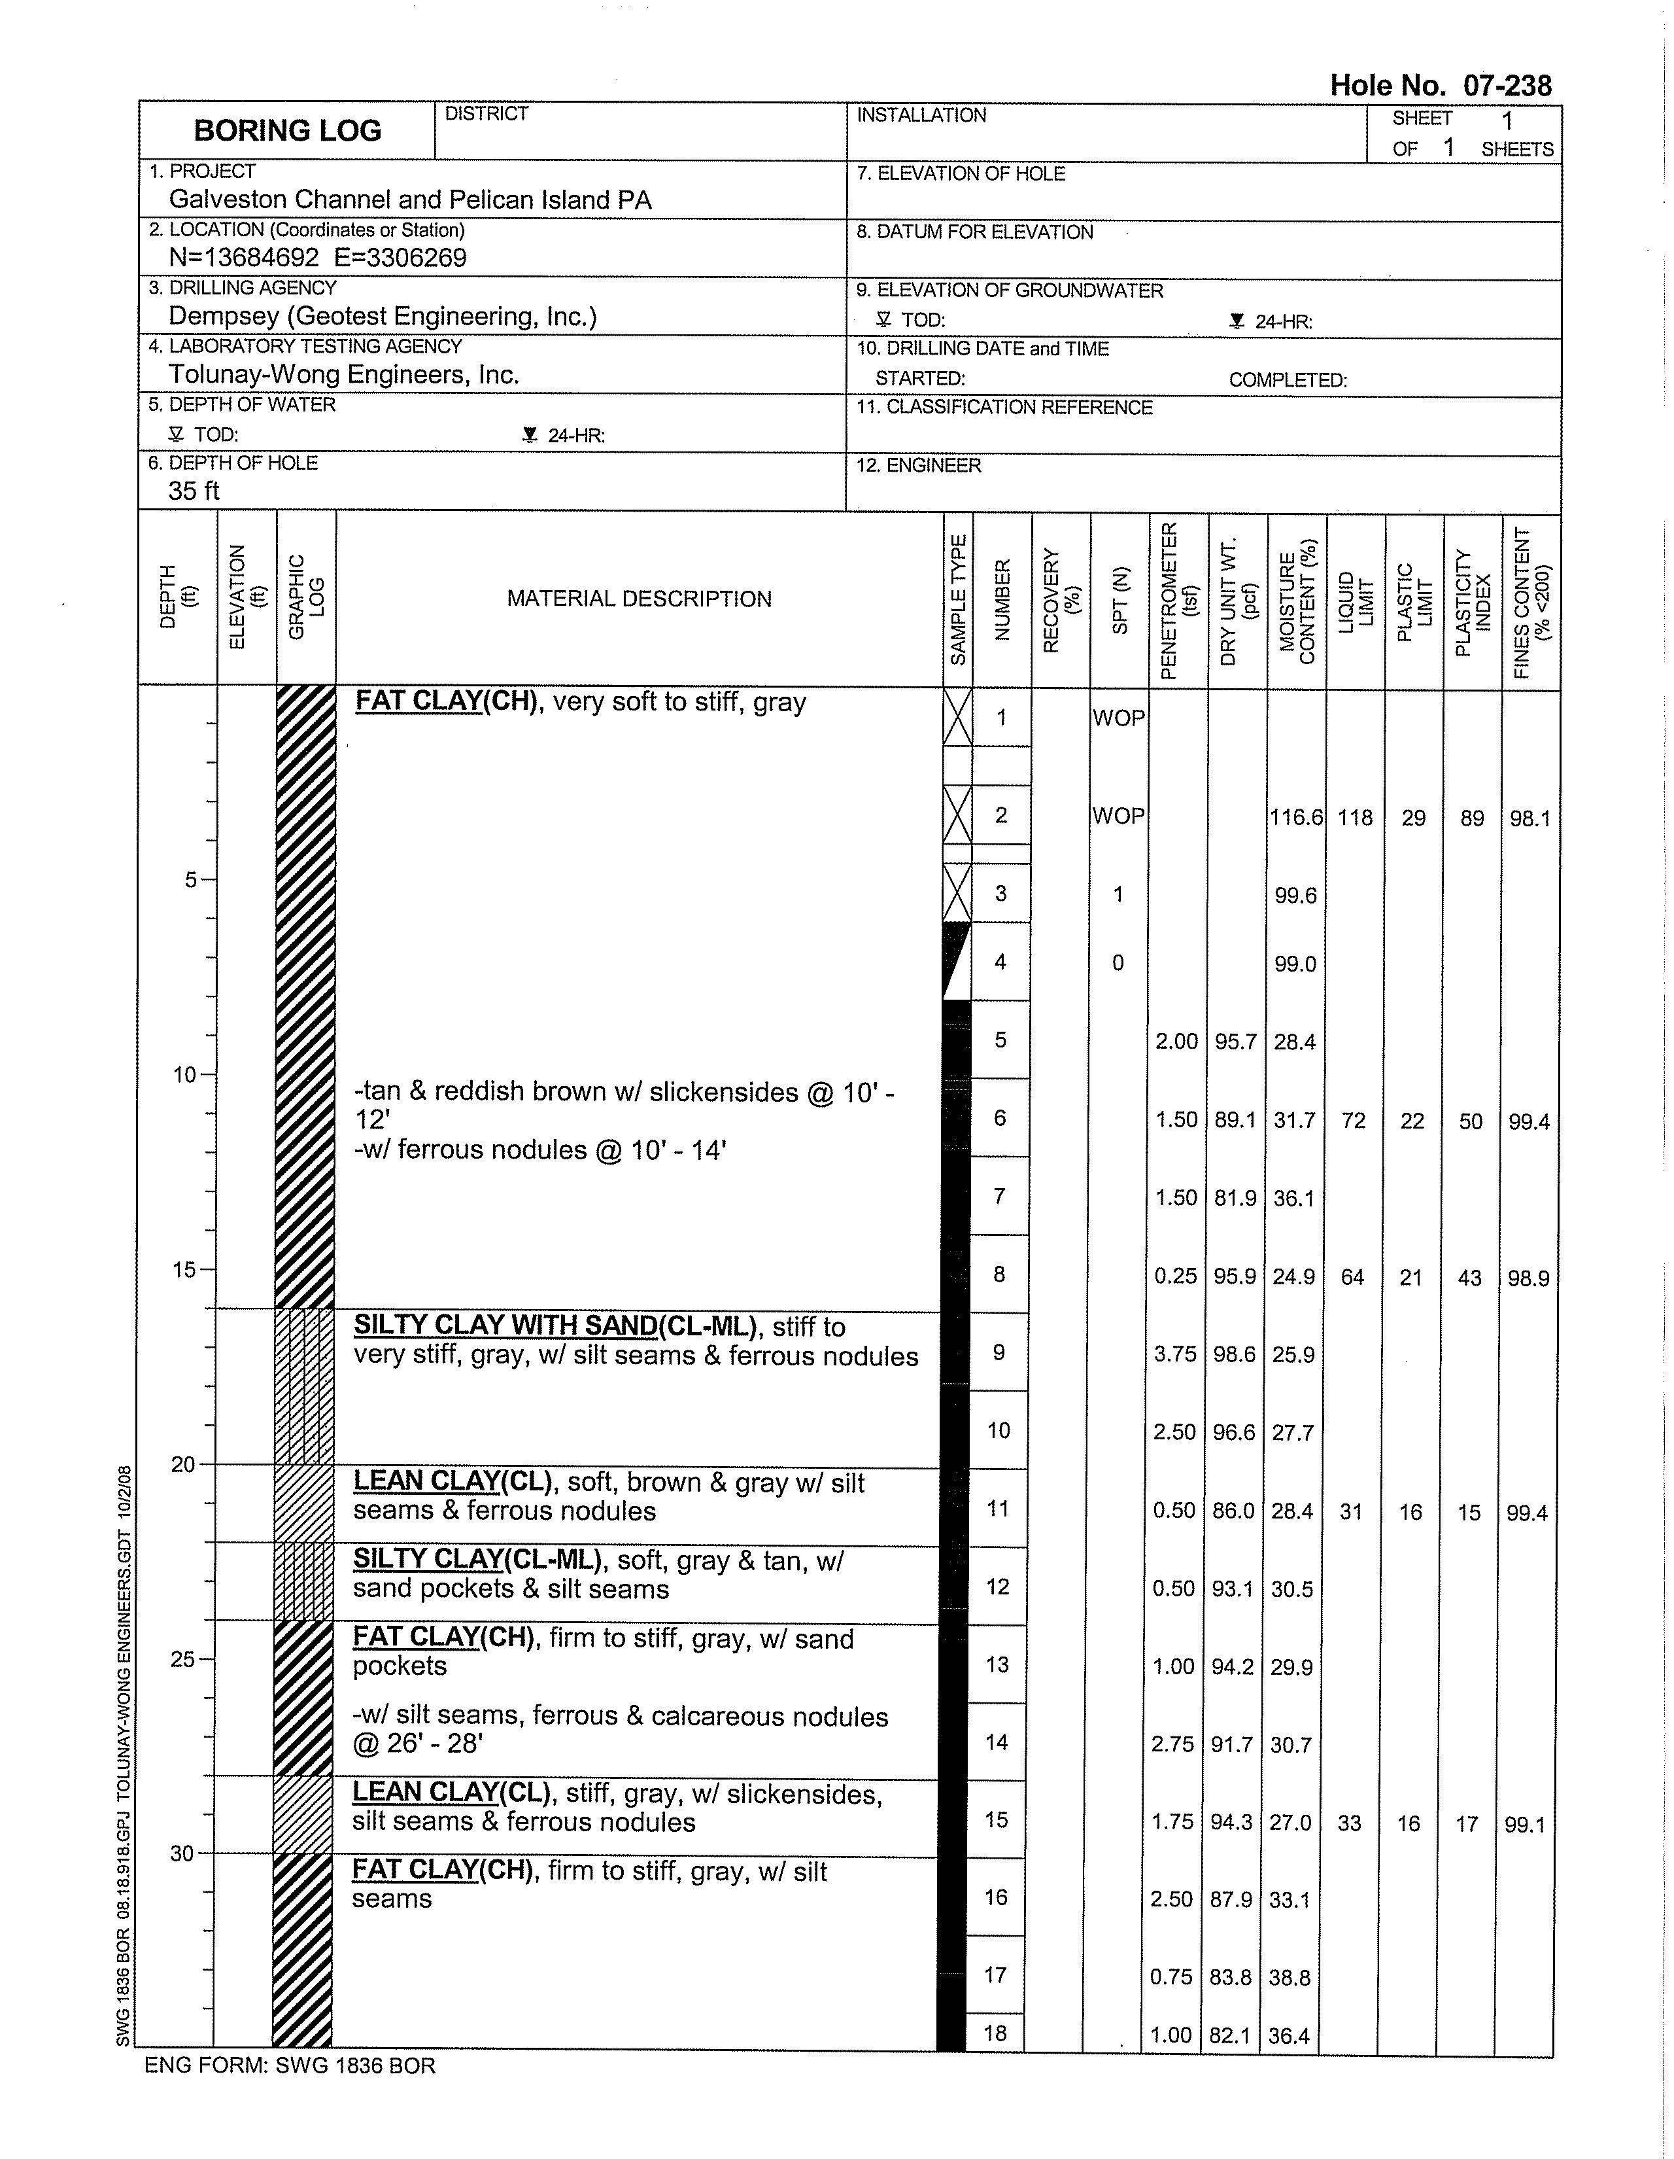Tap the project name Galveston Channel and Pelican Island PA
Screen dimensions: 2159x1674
point(410,200)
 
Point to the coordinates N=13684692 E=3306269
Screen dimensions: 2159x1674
point(317,258)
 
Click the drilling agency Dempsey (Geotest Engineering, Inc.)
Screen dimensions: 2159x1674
point(383,317)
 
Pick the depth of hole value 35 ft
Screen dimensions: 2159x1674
point(194,491)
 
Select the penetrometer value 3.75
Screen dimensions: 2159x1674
point(1175,1354)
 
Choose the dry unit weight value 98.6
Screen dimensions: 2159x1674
point(1235,1354)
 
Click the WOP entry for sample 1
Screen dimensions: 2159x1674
point(1119,718)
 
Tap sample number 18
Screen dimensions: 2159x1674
point(995,2033)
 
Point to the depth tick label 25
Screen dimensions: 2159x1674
point(183,1659)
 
